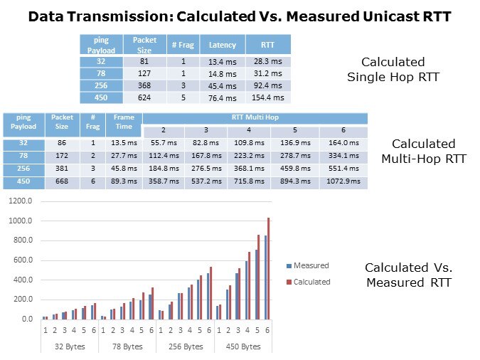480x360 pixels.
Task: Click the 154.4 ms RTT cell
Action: coord(267,97)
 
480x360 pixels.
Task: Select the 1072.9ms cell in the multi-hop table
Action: coord(343,182)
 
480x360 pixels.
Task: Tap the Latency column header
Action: coord(222,45)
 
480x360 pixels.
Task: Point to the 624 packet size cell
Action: coord(144,97)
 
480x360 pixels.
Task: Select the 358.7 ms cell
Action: coord(163,182)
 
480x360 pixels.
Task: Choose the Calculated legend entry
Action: coord(309,282)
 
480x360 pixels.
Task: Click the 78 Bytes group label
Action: coord(127,346)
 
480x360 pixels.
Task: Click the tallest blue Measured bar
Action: coord(265,277)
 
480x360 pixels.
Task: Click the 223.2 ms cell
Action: coord(249,157)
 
